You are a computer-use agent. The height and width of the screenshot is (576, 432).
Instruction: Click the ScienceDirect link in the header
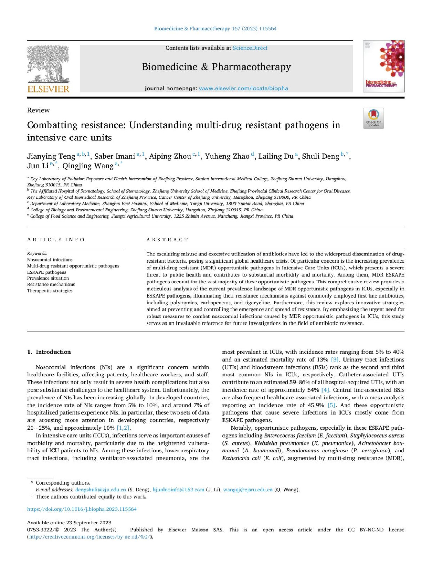(250, 48)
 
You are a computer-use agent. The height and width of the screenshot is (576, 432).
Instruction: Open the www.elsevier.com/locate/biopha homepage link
(243, 88)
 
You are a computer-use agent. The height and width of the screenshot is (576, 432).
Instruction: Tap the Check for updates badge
(373, 118)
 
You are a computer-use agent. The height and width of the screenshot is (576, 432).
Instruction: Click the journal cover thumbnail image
(383, 66)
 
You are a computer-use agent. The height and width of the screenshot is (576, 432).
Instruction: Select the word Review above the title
(38, 110)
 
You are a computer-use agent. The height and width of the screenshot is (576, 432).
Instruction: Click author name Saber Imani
(114, 156)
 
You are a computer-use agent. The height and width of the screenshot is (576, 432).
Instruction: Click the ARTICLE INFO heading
(56, 240)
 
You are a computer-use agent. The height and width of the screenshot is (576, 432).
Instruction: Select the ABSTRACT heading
(167, 240)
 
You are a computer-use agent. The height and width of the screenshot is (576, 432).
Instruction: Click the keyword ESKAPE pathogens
(46, 272)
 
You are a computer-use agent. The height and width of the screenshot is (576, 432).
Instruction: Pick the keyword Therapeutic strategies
(50, 291)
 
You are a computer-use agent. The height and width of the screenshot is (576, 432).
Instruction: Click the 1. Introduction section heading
(49, 352)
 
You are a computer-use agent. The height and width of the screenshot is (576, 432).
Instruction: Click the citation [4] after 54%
(325, 390)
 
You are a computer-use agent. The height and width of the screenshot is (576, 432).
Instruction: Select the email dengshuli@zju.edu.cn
(100, 490)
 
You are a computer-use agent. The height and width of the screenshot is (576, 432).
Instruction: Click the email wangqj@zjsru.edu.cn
(248, 490)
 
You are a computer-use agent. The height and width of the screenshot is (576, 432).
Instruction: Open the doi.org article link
(82, 509)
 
